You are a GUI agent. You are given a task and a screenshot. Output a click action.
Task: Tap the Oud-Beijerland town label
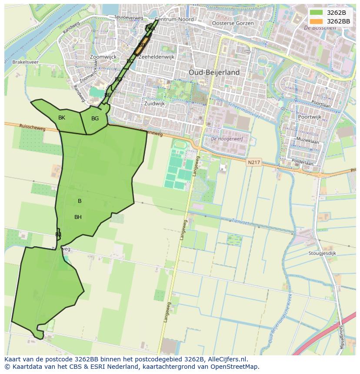pos(214,72)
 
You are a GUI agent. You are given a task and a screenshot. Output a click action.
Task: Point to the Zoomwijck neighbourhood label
pos(103,57)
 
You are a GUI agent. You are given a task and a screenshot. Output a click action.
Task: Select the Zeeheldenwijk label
pos(157,57)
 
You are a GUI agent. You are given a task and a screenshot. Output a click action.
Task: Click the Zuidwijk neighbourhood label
pos(154,104)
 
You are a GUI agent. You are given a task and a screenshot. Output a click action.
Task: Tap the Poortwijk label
pos(309,117)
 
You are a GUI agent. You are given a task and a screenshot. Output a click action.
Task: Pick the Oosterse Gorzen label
pos(233,23)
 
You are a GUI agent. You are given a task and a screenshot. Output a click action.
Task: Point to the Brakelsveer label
pos(25,62)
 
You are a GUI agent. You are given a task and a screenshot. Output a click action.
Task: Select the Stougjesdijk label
pos(322,253)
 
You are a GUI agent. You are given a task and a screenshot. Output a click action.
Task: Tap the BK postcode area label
pos(62,118)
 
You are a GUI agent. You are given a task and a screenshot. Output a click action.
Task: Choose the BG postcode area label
pos(95,119)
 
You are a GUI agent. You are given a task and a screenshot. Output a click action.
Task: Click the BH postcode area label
pos(78,217)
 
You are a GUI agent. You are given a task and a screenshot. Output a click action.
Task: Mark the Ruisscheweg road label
pos(32,127)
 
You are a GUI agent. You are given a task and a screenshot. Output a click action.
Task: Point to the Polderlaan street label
pos(302,163)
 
